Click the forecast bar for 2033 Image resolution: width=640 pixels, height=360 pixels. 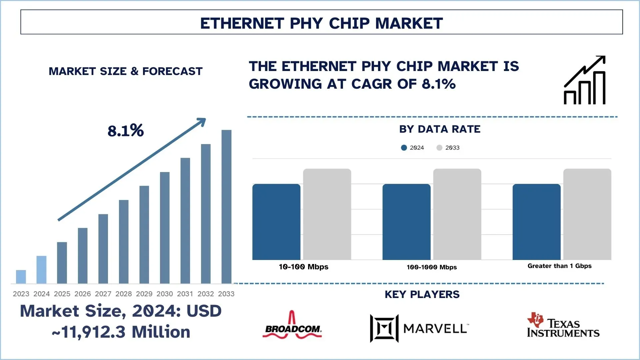coord(226,207)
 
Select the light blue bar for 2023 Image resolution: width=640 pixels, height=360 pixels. coord(21,277)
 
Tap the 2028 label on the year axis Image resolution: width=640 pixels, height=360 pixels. coord(124,294)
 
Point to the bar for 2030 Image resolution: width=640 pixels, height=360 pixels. coord(165,228)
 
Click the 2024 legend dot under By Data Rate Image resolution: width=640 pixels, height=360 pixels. coord(404,148)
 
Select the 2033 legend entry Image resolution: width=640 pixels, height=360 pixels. coord(448,148)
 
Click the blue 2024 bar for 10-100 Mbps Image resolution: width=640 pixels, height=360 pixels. coord(276,222)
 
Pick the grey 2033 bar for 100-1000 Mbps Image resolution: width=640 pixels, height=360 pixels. coord(457,214)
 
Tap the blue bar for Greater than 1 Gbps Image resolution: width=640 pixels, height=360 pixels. coord(536,222)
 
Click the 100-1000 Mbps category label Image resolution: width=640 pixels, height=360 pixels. coord(432,267)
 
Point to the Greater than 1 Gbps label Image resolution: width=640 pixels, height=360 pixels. coord(559,266)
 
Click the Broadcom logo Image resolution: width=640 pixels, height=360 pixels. coord(292,326)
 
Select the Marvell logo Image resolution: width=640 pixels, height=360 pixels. coord(419,328)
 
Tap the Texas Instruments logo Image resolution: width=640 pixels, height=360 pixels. coord(563,325)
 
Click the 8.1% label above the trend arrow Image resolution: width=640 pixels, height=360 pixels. coord(125,131)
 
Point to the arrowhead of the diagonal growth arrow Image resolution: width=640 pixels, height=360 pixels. coord(202,122)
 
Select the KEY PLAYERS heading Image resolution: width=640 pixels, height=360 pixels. coord(422,294)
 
